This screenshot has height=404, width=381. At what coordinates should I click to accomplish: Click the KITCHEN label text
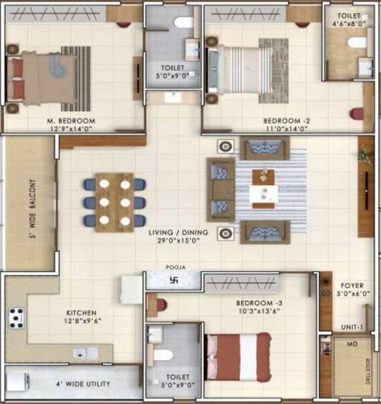click(82, 313)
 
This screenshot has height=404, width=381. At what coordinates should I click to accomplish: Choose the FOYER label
click(352, 285)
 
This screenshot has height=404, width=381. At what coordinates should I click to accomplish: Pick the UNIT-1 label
click(352, 327)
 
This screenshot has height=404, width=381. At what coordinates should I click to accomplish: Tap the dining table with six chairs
click(114, 202)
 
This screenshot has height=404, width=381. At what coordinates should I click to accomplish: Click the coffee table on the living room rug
click(263, 187)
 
